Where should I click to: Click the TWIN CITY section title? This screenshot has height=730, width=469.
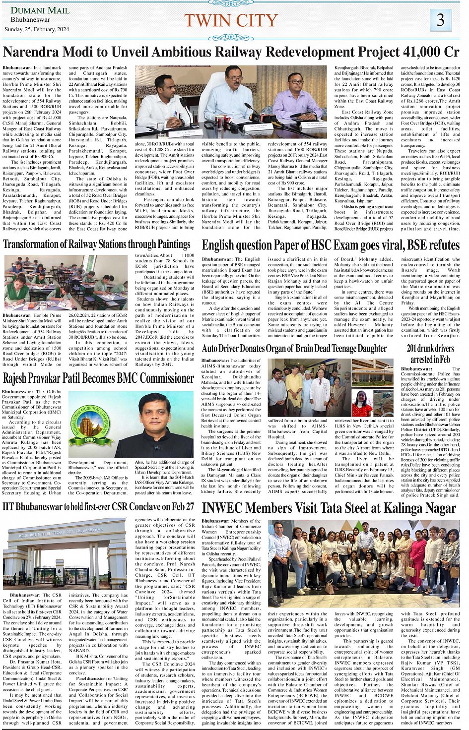tap(231, 20)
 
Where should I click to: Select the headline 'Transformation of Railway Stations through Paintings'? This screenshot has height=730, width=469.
tap(97, 244)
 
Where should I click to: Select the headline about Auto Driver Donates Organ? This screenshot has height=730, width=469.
tap(294, 348)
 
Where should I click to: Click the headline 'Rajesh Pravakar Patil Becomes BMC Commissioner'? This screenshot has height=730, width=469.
tap(98, 378)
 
